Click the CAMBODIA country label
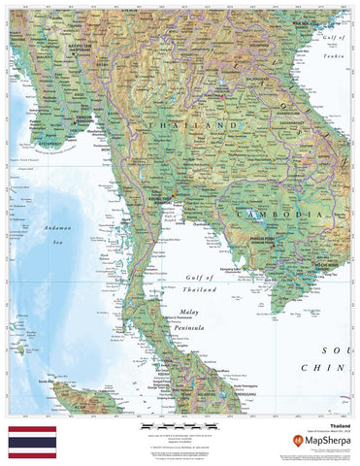(x=275, y=212)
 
